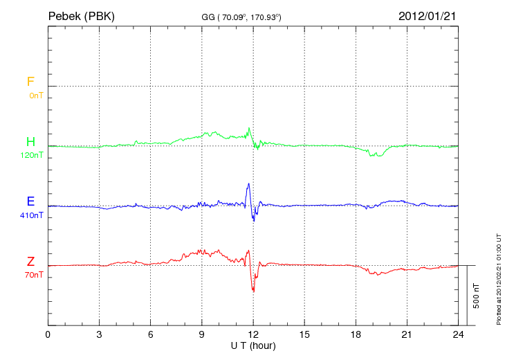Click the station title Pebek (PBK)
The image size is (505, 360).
coord(81,15)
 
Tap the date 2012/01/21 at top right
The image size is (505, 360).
coord(428,15)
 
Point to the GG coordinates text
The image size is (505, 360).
coord(241,16)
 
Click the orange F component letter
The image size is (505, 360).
coord(30,82)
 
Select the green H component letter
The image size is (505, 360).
coord(30,143)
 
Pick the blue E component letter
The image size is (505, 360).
coord(30,202)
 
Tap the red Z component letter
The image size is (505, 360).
coord(30,262)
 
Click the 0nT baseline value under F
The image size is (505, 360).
coord(36,96)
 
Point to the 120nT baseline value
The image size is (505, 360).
coord(32,156)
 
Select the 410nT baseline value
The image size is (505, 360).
coord(32,215)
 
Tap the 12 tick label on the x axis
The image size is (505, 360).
coord(253,334)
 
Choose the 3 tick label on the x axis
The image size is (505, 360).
coord(99,334)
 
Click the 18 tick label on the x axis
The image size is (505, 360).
coord(356,334)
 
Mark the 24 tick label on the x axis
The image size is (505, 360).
coord(458,334)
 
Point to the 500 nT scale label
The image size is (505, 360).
coord(476,296)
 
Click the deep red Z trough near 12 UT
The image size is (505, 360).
coord(253,290)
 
